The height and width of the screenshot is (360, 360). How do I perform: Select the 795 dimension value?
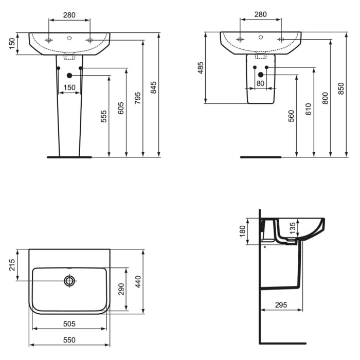pos(137,98)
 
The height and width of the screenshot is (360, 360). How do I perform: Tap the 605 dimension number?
pos(121,107)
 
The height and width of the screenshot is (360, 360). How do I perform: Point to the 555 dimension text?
pos(103,117)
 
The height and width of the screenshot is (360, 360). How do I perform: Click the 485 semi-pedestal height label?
pos(201,68)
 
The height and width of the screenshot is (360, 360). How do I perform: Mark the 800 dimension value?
pos(325,98)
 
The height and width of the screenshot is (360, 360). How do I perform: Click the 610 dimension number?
pos(308,109)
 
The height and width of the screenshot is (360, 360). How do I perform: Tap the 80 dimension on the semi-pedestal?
pos(260,83)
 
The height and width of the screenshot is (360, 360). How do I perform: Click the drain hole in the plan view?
pos(69,281)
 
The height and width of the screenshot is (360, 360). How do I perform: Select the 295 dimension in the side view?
pos(281,305)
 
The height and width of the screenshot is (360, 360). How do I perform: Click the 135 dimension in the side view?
pos(293,228)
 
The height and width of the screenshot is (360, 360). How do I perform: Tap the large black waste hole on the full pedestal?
pos(69,76)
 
